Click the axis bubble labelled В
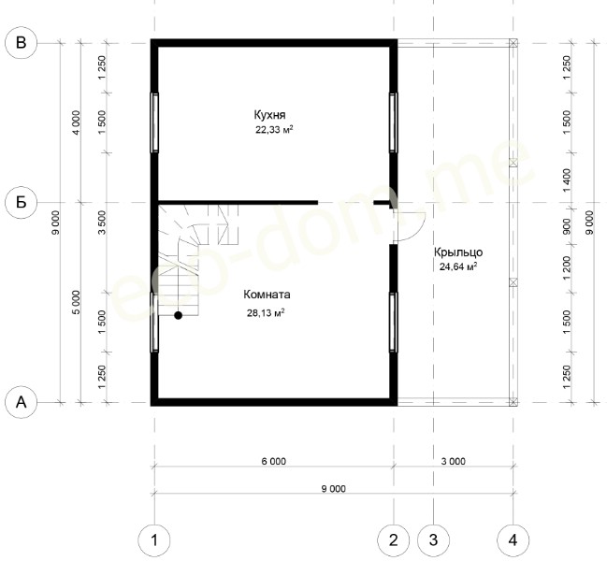(22, 43)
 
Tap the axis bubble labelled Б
(22, 202)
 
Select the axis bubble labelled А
(22, 402)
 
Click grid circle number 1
(154, 540)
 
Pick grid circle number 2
(394, 540)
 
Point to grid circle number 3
(434, 540)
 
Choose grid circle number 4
(513, 540)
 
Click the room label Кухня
(269, 115)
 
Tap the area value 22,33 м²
(274, 130)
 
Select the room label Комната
(267, 295)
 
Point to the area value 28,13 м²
(266, 312)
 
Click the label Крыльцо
(458, 252)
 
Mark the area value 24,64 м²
(458, 266)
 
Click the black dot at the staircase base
(178, 315)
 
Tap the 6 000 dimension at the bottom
(274, 461)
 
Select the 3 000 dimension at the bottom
(454, 461)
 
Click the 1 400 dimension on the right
(567, 180)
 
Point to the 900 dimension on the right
(567, 226)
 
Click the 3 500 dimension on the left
(102, 223)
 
